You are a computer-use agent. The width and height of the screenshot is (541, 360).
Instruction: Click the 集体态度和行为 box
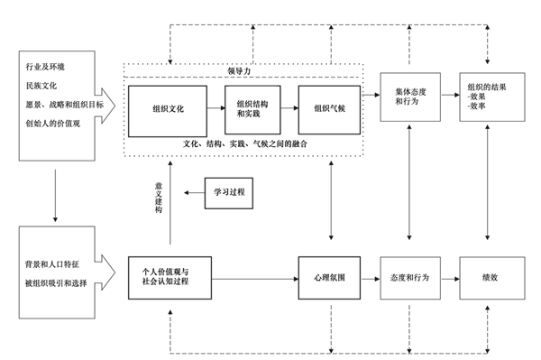[x=411, y=96]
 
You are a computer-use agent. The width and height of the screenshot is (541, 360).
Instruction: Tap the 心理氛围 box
[x=328, y=277]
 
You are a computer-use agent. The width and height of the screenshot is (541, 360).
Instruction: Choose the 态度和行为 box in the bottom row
[x=411, y=277]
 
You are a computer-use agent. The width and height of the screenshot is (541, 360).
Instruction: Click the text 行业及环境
[x=45, y=68]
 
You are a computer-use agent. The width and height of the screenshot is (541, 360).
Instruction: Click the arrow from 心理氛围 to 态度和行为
[x=370, y=277]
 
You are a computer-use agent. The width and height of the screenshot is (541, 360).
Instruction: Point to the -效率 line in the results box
[x=478, y=106]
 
